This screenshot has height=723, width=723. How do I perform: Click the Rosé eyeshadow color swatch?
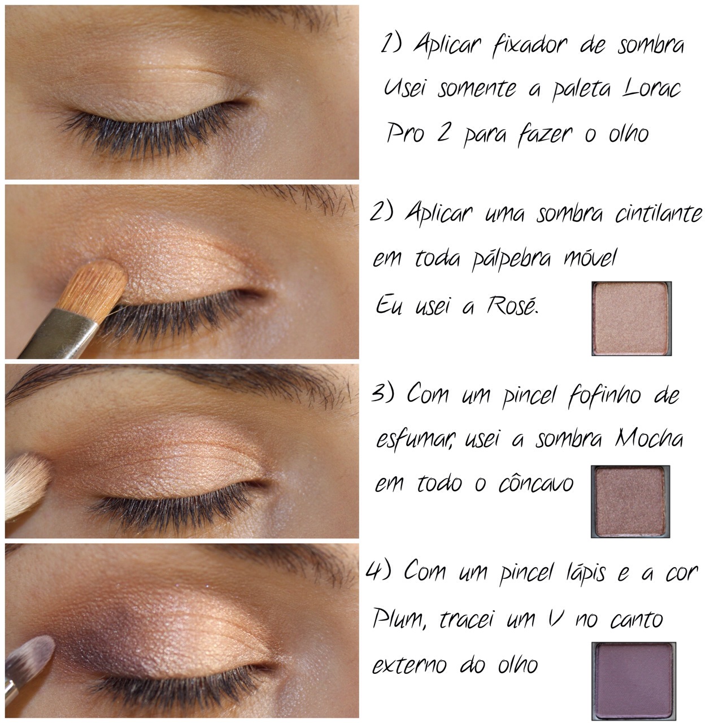click(x=631, y=319)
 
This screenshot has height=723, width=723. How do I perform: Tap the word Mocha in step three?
click(x=648, y=439)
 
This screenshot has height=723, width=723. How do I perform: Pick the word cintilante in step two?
click(x=659, y=214)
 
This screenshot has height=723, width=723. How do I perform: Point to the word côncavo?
click(x=535, y=484)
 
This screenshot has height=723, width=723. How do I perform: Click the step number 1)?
click(x=390, y=44)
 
